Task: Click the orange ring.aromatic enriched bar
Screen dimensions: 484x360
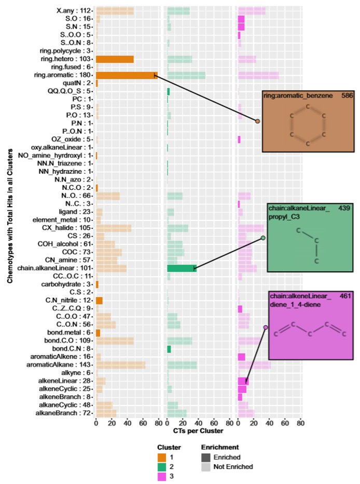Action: click(126, 75)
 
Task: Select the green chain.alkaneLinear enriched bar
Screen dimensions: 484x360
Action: click(181, 268)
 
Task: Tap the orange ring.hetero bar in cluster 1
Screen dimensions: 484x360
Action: click(115, 59)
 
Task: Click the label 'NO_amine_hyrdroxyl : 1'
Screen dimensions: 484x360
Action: click(56, 155)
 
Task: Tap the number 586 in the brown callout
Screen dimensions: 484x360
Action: click(347, 96)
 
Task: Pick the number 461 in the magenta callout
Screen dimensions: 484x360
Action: click(346, 296)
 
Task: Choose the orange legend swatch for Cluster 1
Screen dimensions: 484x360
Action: click(162, 457)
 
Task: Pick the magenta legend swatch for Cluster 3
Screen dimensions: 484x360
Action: click(162, 476)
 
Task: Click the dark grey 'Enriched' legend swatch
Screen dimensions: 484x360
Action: click(206, 457)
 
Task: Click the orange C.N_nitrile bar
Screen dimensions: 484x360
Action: click(99, 300)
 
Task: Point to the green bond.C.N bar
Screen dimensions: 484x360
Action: click(169, 349)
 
